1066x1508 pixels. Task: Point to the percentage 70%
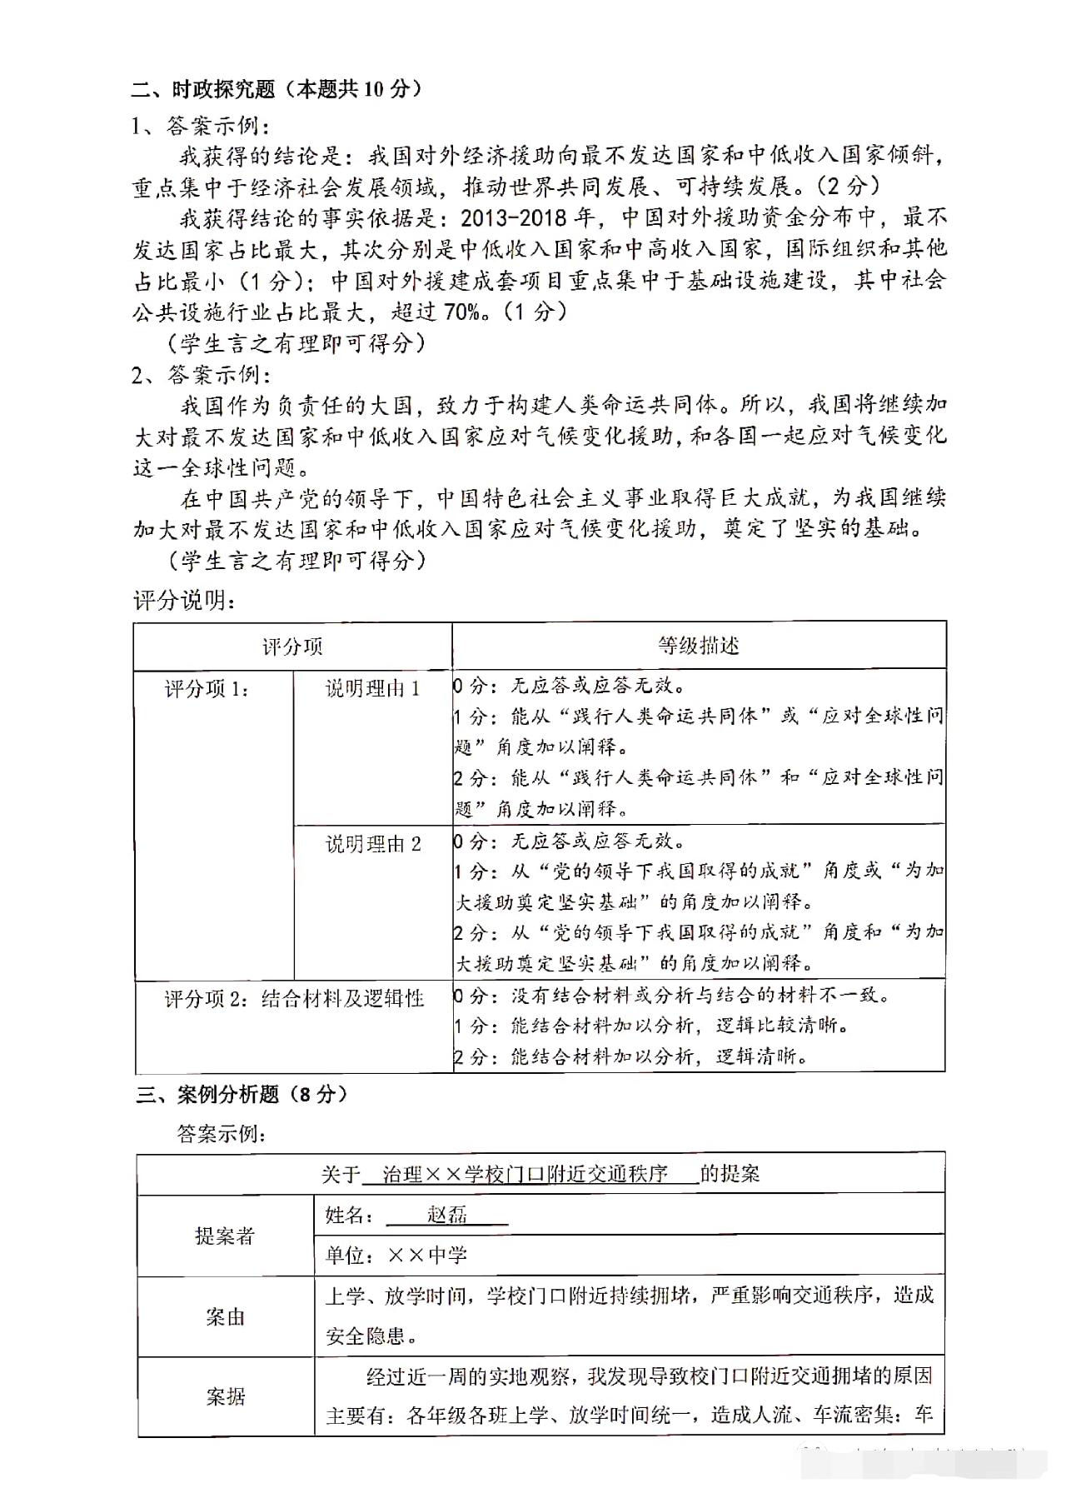(x=463, y=312)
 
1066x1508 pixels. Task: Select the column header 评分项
(x=292, y=647)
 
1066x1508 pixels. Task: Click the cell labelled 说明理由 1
(x=372, y=689)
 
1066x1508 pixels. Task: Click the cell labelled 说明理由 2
(x=372, y=845)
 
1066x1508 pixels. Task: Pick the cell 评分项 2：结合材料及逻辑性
(x=294, y=998)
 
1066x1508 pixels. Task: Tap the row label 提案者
(x=225, y=1236)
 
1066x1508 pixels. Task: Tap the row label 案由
(x=225, y=1317)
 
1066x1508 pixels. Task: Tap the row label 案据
(x=225, y=1396)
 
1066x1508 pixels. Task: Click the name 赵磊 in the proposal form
(x=447, y=1215)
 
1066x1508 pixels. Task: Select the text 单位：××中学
(x=396, y=1256)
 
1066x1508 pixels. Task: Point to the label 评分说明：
(x=184, y=601)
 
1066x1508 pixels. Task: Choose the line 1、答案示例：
(x=200, y=126)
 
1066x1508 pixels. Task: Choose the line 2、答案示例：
(x=200, y=374)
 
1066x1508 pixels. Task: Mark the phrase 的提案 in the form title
(x=730, y=1175)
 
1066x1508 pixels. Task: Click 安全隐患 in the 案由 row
(x=365, y=1337)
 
